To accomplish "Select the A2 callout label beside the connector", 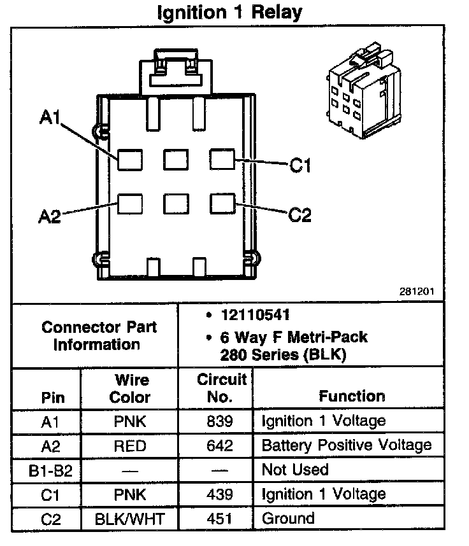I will (x=49, y=216).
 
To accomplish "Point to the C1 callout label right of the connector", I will (x=299, y=166).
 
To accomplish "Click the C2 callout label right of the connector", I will (x=299, y=215).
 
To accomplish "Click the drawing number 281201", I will (x=417, y=291).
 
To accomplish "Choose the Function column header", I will (x=352, y=396).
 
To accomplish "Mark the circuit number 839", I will (x=220, y=421).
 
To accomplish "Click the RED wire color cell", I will (x=130, y=445).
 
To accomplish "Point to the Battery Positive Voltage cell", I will (x=347, y=445).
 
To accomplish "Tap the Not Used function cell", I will (x=295, y=470).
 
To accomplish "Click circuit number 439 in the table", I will (x=220, y=494).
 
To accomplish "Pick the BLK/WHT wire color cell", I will (x=130, y=519).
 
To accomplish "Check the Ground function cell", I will (x=288, y=519).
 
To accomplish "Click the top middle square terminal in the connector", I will (x=176, y=158).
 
